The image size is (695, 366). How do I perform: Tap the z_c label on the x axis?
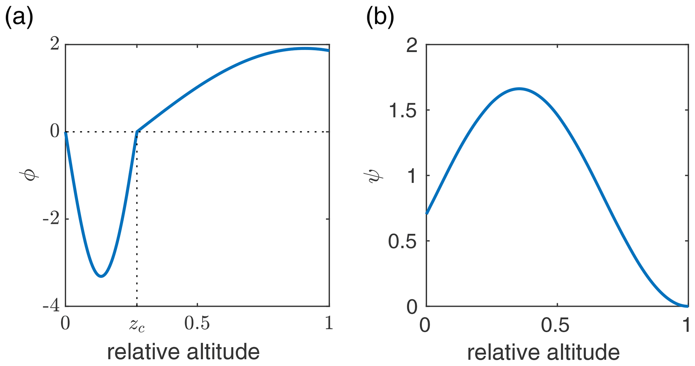(137, 325)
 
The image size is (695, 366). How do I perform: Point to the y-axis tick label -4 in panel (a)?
(51, 306)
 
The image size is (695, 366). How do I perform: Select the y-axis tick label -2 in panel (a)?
(51, 219)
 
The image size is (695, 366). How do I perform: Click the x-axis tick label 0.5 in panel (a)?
(197, 323)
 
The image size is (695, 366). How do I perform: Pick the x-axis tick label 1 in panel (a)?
(329, 323)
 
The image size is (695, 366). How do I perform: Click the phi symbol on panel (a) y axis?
(30, 175)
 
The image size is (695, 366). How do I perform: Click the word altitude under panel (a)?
(223, 352)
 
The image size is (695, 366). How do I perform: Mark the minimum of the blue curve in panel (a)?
(101, 276)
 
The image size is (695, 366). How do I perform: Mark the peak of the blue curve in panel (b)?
(519, 89)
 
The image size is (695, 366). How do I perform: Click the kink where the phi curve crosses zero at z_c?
(137, 131)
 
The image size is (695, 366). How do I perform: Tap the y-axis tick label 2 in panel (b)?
(412, 45)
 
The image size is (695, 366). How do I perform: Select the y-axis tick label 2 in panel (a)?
(55, 44)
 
